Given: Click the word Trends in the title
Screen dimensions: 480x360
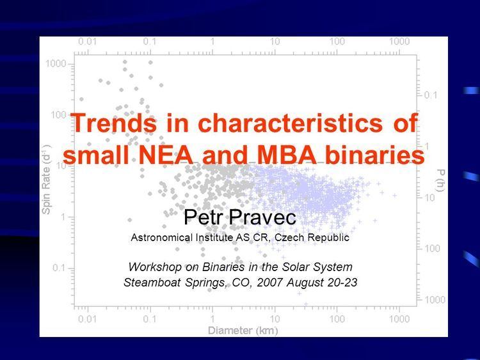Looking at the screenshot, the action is click(113, 122).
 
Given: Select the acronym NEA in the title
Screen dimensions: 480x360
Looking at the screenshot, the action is click(166, 155).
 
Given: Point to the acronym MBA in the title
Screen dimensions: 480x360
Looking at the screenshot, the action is click(287, 155).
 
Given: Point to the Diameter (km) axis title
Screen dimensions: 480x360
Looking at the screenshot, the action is click(243, 331).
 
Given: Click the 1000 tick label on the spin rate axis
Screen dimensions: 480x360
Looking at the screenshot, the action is click(56, 64).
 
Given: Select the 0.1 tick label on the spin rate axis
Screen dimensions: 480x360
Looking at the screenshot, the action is click(59, 268).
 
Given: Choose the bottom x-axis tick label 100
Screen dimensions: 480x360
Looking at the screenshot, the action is click(337, 319).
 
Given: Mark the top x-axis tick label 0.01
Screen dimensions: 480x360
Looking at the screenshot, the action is click(87, 42).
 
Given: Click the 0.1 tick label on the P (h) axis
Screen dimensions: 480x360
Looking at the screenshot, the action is click(431, 95).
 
